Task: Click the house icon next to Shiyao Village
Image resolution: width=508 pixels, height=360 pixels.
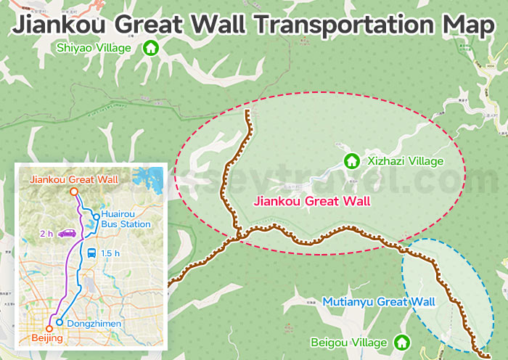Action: [x=151, y=49]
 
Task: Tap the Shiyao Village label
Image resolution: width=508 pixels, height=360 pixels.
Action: [x=94, y=49]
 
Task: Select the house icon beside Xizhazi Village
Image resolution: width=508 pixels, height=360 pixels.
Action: [x=351, y=160]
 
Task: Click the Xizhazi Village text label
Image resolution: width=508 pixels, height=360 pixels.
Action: [x=405, y=161]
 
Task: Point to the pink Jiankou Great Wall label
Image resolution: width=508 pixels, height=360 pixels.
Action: [x=311, y=201]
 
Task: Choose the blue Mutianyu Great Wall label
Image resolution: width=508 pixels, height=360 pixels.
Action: [x=378, y=301]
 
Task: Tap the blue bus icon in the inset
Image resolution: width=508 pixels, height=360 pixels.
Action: [x=91, y=253]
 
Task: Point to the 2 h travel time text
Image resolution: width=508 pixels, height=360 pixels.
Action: [x=46, y=234]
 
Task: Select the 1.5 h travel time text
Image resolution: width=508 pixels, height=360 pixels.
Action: [x=110, y=253]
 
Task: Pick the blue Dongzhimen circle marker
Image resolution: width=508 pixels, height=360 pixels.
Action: [x=60, y=322]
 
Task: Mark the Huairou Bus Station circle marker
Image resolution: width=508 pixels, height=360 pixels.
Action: [x=96, y=216]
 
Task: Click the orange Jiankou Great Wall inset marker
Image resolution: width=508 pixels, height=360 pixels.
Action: [x=73, y=192]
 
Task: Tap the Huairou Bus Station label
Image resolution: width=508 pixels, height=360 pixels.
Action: [x=126, y=219]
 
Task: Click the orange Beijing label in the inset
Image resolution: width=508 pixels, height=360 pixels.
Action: [x=47, y=339]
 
